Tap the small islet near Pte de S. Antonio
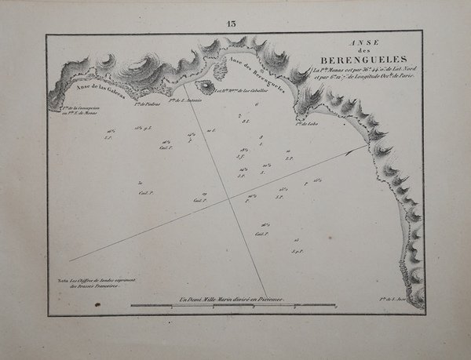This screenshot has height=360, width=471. point(207,87)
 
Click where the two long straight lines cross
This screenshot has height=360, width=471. point(229,198)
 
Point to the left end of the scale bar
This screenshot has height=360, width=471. point(131,305)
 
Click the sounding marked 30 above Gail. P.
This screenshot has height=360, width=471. point(140,181)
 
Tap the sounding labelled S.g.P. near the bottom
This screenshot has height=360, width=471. point(296,251)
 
